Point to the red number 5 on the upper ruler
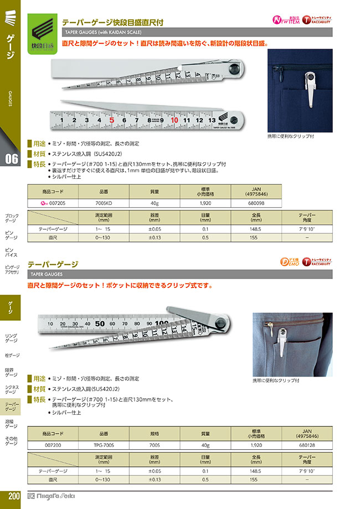[x=112, y=119]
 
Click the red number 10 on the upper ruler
[x=174, y=119]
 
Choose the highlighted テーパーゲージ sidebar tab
[x=12, y=407]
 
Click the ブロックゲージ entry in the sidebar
[x=12, y=218]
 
